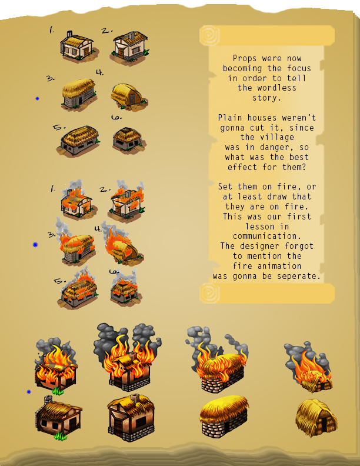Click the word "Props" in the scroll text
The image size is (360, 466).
click(x=242, y=58)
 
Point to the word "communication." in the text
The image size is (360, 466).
click(x=267, y=236)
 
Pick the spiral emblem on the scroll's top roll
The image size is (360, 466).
click(x=209, y=36)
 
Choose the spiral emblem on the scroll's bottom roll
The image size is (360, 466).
click(x=209, y=293)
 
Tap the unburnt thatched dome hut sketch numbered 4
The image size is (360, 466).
click(x=129, y=96)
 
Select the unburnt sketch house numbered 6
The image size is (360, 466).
click(x=129, y=139)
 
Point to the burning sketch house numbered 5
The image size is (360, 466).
click(x=78, y=288)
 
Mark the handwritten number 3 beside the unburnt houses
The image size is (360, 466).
click(x=51, y=78)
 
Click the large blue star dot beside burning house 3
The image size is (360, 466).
click(x=35, y=245)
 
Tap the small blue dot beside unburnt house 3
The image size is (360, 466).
click(x=38, y=98)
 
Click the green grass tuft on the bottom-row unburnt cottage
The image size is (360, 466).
click(x=61, y=436)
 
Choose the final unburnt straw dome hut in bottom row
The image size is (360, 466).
click(x=316, y=418)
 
